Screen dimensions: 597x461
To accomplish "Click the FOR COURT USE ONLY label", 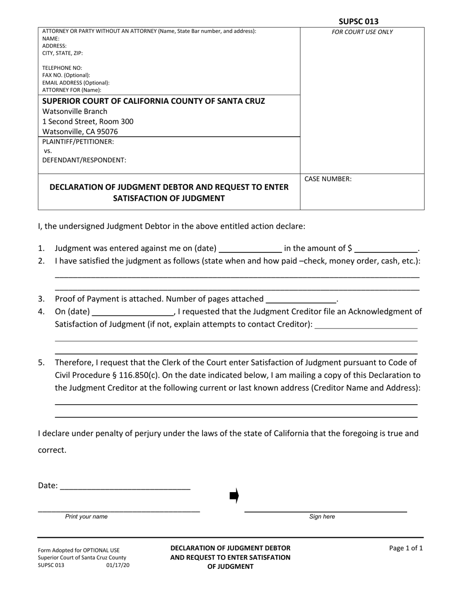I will coord(362,33).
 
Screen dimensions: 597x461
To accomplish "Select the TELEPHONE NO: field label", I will coord(62,68).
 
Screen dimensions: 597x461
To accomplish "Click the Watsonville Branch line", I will coord(75,112).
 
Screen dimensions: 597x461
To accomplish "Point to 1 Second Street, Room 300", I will coord(88,121).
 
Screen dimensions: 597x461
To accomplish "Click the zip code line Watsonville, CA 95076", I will coord(80,132).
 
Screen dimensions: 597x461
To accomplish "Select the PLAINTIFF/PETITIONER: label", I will coord(78,142).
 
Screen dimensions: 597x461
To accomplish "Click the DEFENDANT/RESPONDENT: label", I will coord(84,160).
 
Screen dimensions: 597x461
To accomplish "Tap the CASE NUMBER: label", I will coord(328,179).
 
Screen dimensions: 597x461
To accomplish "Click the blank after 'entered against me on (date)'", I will coord(250,249).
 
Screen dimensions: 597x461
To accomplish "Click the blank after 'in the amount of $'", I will coord(386,249).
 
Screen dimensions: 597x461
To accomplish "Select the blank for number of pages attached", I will coord(301,299).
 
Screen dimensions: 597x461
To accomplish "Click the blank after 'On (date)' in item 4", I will coord(132,312).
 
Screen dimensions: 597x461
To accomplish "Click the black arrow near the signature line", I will coord(234,496).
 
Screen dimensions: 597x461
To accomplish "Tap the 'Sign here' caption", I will coord(322,517).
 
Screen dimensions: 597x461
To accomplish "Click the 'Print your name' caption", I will coord(86,517).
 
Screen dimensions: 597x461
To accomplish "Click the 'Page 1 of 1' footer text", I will coord(406,548).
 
